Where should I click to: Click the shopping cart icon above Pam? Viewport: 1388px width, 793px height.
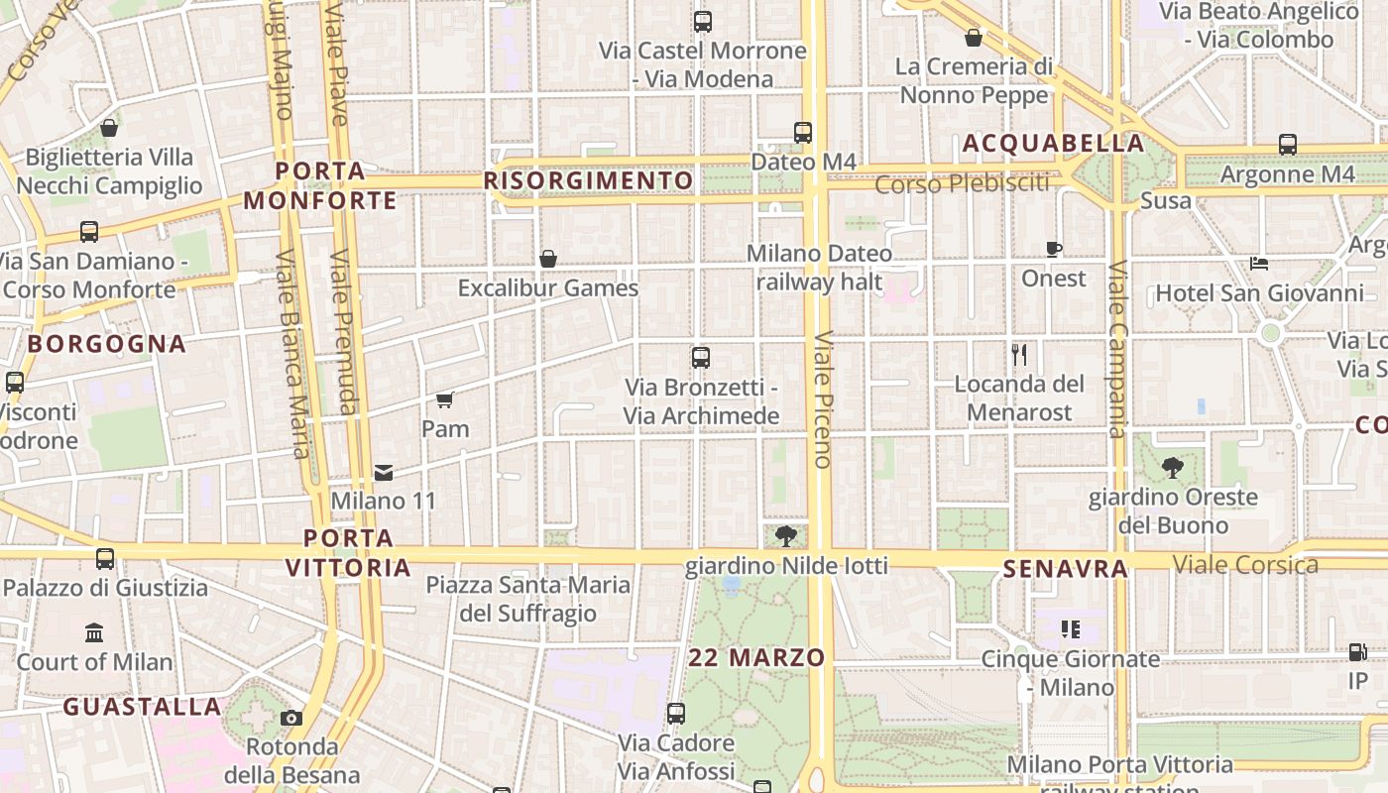coord(444,399)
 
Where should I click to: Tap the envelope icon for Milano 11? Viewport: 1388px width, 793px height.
coord(384,473)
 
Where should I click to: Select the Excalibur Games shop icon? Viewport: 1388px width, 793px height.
coord(547,259)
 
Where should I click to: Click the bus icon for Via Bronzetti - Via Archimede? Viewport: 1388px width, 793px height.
coord(701,358)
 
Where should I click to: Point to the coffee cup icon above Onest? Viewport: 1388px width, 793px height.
coord(1054,250)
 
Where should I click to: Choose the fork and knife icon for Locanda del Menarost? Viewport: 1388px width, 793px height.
coord(1019,355)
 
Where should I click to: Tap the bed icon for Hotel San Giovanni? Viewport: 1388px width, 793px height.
coord(1259,264)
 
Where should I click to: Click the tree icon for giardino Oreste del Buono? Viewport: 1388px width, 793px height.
coord(1173,468)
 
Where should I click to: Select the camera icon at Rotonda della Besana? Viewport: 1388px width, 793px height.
coord(290,718)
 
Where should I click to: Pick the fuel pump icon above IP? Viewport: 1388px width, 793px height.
coord(1357,652)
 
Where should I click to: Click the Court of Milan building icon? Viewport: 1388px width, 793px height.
coord(94,632)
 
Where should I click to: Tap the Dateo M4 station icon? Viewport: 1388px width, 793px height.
coord(803,132)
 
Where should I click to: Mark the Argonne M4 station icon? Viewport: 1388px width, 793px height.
coord(1287,145)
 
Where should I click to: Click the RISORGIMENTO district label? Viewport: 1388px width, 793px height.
coord(589,180)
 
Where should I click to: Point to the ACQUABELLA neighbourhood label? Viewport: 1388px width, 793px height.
coord(1053,144)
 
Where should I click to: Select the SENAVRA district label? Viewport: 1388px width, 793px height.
coord(1066,569)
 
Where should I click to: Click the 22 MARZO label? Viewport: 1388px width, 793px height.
coord(756,657)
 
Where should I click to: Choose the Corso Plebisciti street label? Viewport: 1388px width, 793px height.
coord(962,183)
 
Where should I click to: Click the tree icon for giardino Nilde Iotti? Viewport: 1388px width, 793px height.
coord(786,536)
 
